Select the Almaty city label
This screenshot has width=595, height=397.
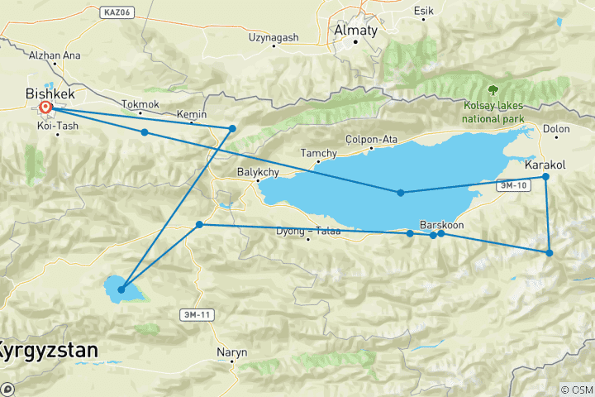tap(355, 31)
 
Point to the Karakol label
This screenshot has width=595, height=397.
tap(545, 165)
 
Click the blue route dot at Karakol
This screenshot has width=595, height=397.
tap(545, 176)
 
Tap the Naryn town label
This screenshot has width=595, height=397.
tap(231, 352)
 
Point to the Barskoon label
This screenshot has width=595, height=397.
tap(440, 223)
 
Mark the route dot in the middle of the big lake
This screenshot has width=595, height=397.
tap(401, 193)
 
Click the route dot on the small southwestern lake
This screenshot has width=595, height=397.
tap(121, 289)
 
